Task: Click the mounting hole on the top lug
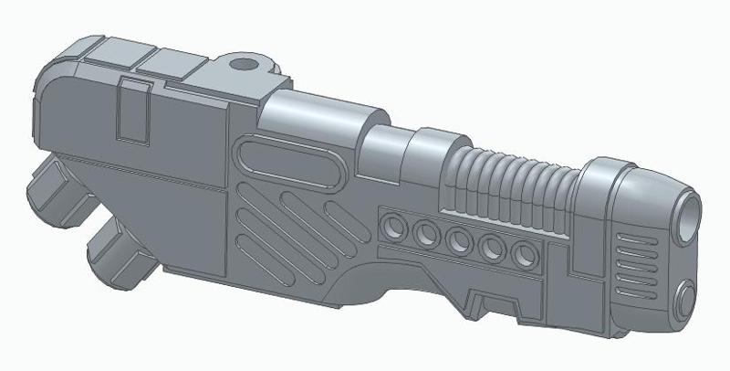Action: click(x=244, y=66)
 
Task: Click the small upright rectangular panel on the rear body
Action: click(x=135, y=110)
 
